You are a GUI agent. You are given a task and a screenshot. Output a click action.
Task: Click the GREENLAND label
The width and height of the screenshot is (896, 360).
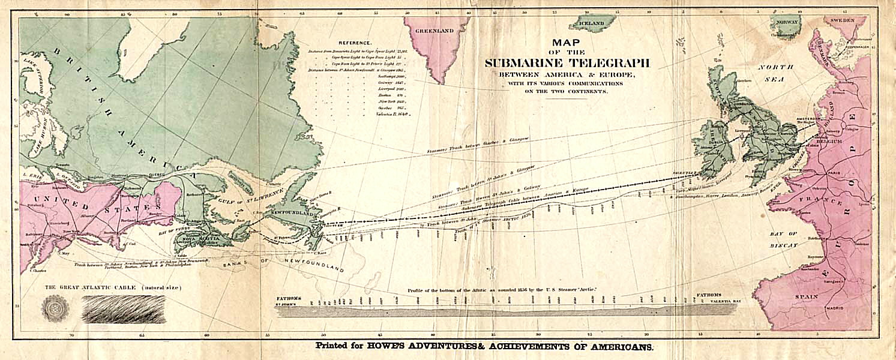coord(435,30)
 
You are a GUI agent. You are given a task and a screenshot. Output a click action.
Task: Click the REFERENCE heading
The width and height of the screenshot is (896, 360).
coord(355,43)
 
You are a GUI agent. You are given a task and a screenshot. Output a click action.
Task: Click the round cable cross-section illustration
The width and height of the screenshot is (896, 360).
coord(55,308)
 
